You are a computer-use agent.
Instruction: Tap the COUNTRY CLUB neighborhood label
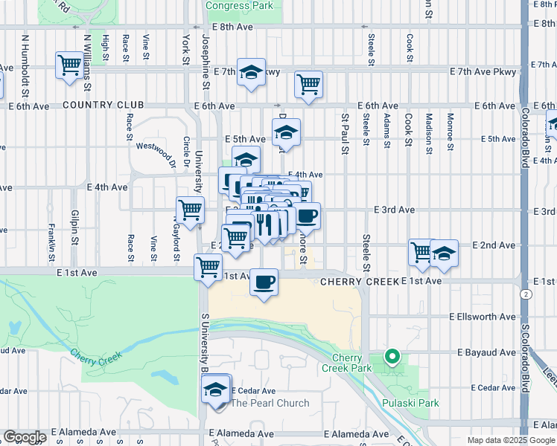[x=104, y=106]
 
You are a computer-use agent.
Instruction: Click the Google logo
[x=24, y=437]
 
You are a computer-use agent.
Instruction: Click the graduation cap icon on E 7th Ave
[x=252, y=71]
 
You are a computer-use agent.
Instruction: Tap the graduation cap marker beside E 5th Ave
[x=286, y=133]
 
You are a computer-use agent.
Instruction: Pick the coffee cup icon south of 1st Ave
[x=264, y=282]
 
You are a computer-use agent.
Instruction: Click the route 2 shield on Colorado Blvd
[x=526, y=295]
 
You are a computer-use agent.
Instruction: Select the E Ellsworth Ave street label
[x=483, y=317]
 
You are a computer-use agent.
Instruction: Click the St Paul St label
[x=345, y=134]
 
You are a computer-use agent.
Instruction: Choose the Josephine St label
[x=204, y=59]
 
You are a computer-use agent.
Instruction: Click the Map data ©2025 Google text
[x=511, y=440]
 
